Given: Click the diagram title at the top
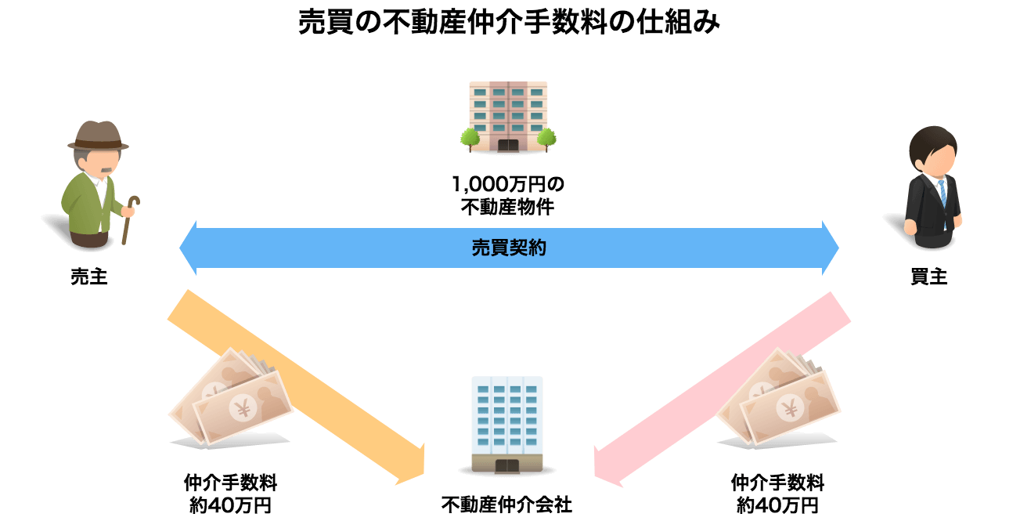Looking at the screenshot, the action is (x=509, y=22).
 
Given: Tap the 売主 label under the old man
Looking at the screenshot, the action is (x=88, y=277).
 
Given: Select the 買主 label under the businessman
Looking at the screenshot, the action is (x=929, y=277).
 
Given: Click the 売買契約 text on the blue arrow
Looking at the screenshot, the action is (x=509, y=248).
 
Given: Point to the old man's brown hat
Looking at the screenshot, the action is (x=98, y=136).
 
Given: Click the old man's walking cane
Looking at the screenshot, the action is (x=130, y=219).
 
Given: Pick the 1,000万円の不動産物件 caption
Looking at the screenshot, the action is (x=508, y=196).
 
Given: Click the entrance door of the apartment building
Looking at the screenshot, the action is (x=508, y=146).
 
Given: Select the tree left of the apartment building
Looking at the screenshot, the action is (x=470, y=139).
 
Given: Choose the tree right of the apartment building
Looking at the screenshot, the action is (x=546, y=139).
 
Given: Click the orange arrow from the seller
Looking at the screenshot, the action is (x=296, y=388).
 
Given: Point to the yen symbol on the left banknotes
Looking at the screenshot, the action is (x=243, y=408).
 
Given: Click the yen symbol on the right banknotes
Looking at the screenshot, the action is (x=791, y=408).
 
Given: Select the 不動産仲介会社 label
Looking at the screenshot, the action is (x=506, y=505).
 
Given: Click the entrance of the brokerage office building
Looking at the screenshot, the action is (x=507, y=465).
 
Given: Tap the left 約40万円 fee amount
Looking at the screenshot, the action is (x=230, y=505).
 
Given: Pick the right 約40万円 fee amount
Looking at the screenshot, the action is (x=778, y=505).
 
